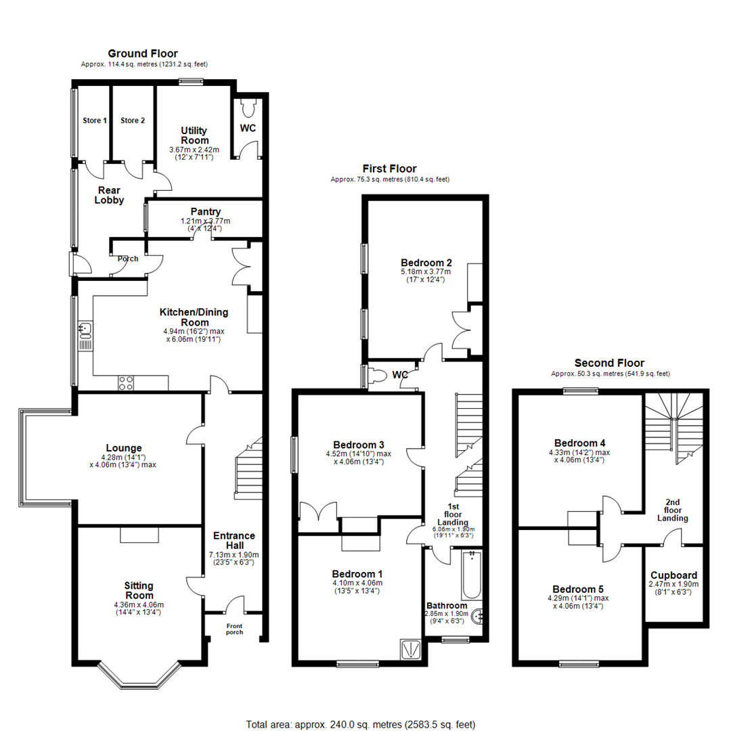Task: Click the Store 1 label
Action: pos(95,120)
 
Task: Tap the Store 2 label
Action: pos(133,120)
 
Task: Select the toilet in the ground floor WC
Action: pos(247,106)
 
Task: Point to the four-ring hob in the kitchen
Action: pos(127,383)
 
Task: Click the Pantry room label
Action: pos(205,211)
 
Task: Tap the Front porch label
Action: pos(234,629)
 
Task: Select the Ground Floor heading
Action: pos(143,53)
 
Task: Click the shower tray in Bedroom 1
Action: pos(412,649)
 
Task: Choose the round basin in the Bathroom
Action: pos(479,616)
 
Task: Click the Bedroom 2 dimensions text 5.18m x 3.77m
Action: pos(426,271)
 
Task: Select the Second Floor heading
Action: pos(609,363)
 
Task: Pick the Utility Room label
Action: pos(194,135)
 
